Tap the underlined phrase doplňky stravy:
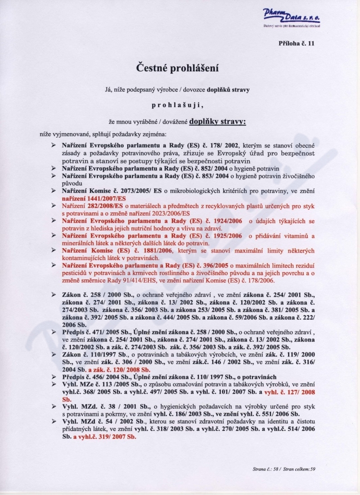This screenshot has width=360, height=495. pyautogui.click(x=218, y=121)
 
